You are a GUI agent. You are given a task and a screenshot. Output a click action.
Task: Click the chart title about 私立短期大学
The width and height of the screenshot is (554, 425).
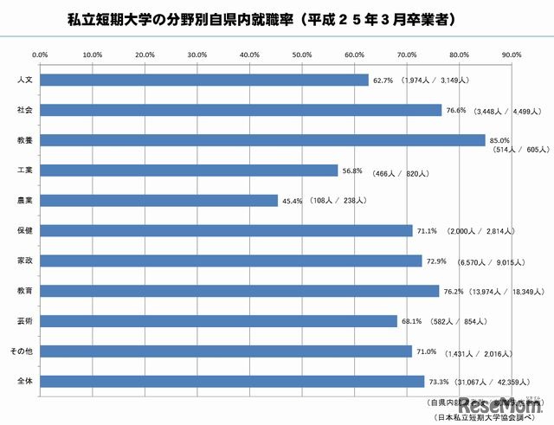pyautogui.click(x=274, y=17)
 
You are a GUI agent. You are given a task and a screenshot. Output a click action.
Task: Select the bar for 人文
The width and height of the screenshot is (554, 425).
pyautogui.click(x=204, y=80)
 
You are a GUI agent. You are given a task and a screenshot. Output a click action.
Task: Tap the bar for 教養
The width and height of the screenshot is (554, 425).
pyautogui.click(x=262, y=140)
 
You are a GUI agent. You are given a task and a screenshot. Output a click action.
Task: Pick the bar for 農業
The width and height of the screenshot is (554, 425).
pyautogui.click(x=159, y=200)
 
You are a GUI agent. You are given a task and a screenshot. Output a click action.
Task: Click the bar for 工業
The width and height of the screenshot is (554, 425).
pyautogui.click(x=189, y=171)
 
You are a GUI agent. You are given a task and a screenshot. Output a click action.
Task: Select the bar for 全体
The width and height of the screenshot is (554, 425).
pyautogui.click(x=232, y=381)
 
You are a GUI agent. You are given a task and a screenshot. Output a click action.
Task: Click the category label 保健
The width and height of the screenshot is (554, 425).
pyautogui.click(x=26, y=230)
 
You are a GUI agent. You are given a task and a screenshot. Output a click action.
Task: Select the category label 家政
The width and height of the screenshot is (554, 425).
pyautogui.click(x=26, y=261)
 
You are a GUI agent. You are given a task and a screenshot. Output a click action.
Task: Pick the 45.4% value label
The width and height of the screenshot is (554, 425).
pyautogui.click(x=292, y=201)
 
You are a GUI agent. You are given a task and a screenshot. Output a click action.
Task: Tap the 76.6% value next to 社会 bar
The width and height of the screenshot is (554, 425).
pyautogui.click(x=455, y=110)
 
